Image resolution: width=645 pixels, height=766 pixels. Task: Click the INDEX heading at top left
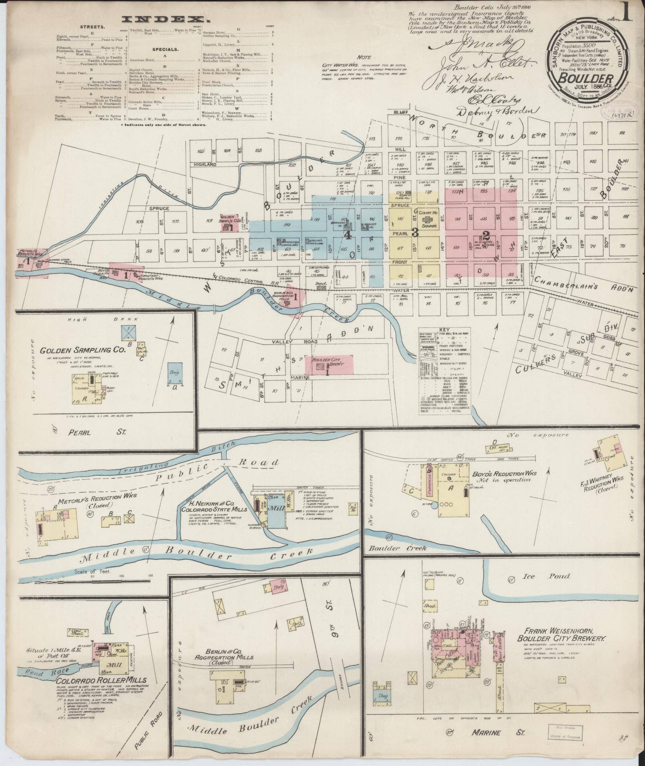click(162, 19)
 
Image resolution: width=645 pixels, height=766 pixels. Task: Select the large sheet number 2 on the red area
click(486, 235)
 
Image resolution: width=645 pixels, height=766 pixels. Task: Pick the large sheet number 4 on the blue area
click(348, 235)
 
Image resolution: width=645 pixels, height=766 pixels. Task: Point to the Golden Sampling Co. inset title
click(83, 350)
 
